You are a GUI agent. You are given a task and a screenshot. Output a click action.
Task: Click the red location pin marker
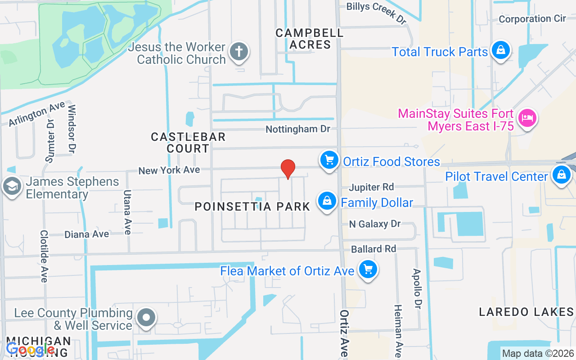(x=288, y=169)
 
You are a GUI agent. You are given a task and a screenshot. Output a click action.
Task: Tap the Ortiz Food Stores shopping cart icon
(x=329, y=160)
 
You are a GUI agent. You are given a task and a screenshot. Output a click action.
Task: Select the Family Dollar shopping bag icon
(x=328, y=201)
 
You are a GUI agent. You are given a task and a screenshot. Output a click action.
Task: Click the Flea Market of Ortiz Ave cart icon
(x=368, y=270)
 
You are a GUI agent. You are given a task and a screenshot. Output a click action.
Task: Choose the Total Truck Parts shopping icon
(x=500, y=50)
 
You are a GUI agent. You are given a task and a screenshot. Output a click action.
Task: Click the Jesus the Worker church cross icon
(x=238, y=52)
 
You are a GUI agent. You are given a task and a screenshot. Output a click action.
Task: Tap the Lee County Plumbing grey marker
(x=146, y=318)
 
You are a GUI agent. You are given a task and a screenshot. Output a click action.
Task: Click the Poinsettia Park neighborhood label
(x=252, y=207)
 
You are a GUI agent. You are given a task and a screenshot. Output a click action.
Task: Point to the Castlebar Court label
(x=188, y=142)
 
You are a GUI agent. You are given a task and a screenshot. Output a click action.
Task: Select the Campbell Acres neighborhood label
(x=310, y=39)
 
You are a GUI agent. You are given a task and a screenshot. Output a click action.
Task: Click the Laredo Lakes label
(x=526, y=312)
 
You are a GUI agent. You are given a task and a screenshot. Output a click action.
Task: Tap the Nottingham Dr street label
(x=297, y=129)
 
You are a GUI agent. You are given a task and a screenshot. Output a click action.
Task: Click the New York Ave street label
(x=169, y=170)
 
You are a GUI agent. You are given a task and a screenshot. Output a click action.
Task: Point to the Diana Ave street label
(x=86, y=234)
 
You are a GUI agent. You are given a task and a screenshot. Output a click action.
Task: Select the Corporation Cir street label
(x=532, y=19)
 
